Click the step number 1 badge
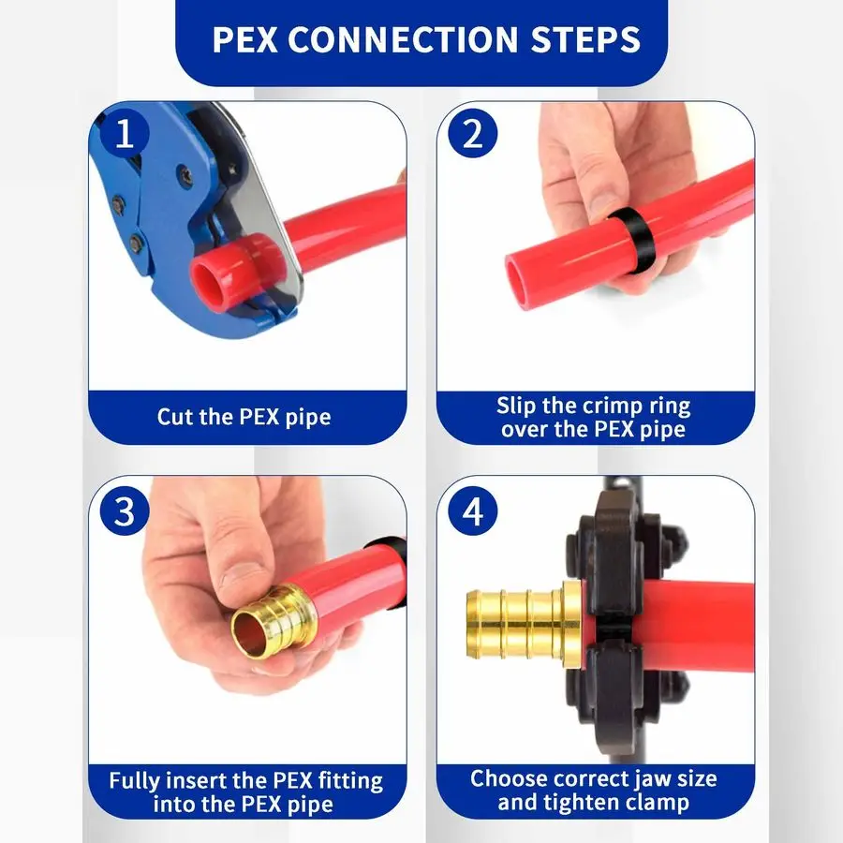point(126,135)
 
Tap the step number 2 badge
point(473,135)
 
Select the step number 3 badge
point(126,511)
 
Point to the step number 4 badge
point(473,511)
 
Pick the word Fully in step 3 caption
point(136,780)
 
